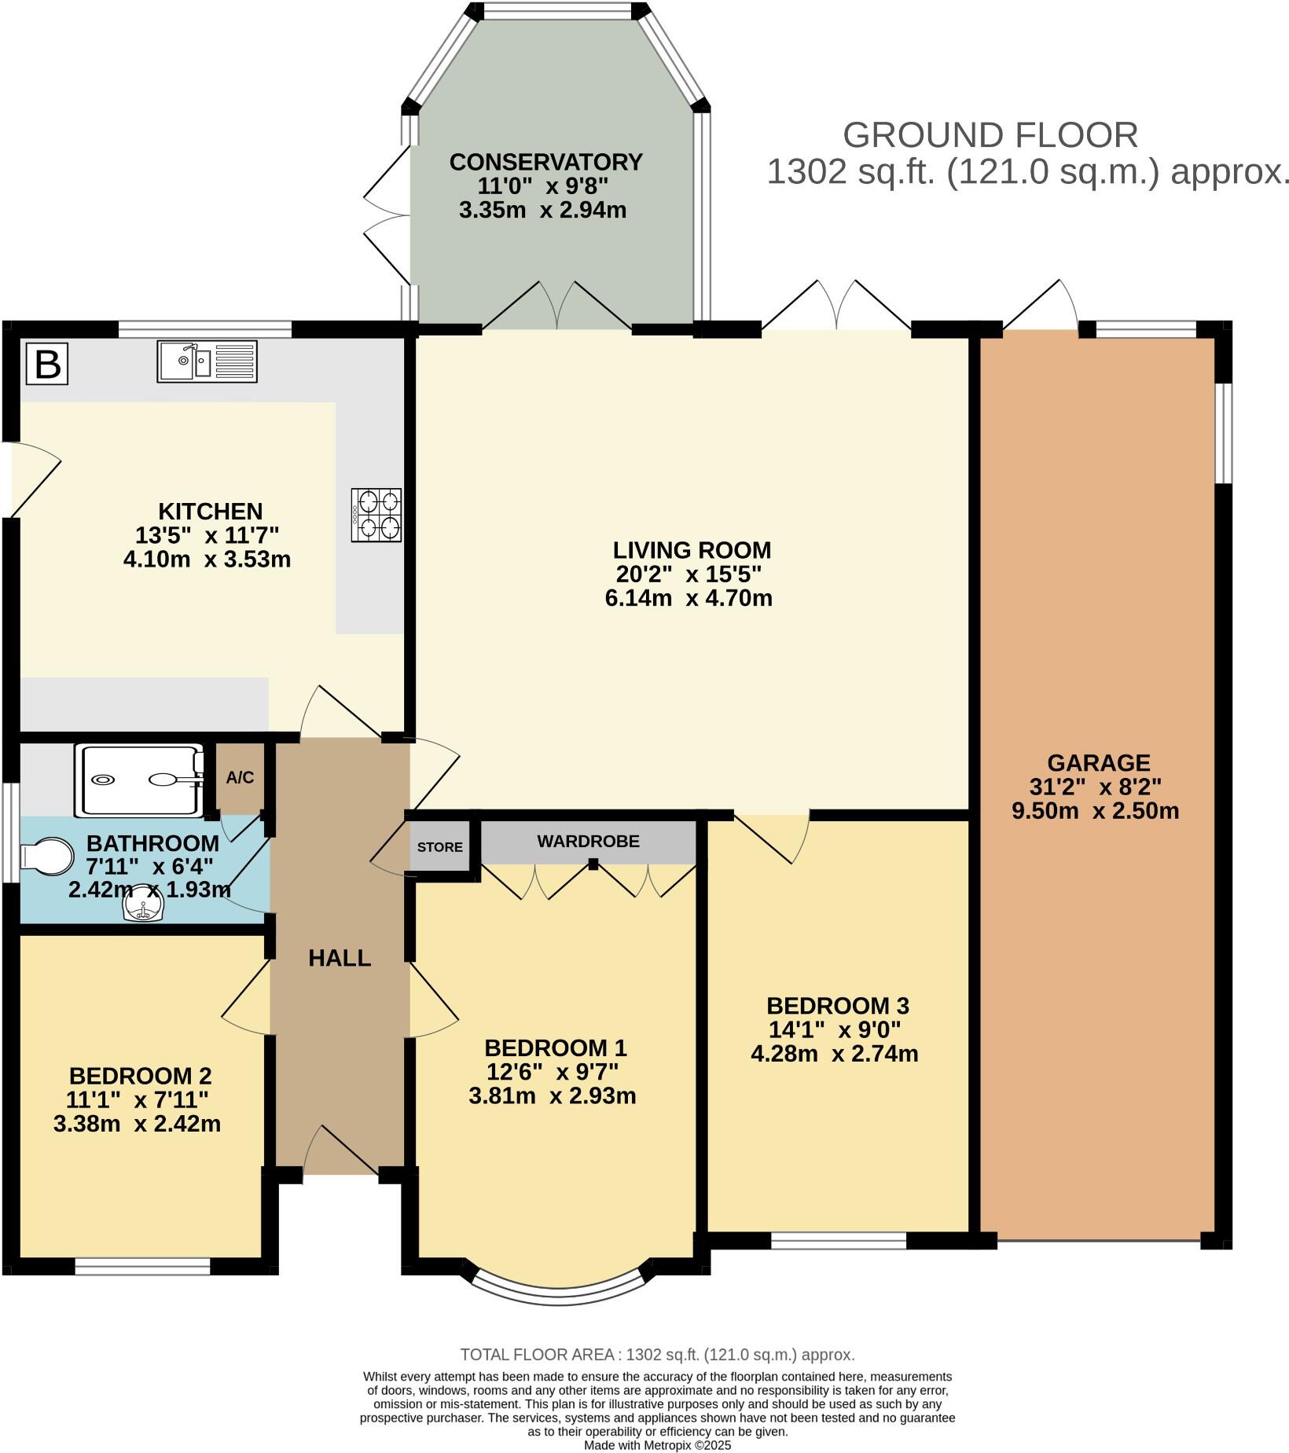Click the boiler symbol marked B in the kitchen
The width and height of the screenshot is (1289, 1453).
(47, 365)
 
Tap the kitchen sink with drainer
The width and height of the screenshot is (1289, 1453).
(207, 361)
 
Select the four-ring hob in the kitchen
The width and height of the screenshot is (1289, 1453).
(376, 515)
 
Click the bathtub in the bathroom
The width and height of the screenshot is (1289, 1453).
(140, 780)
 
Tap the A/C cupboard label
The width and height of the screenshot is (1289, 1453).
(240, 778)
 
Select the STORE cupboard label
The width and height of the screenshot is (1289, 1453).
(440, 847)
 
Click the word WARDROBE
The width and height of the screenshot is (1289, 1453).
(588, 842)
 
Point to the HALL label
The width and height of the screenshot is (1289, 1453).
(340, 958)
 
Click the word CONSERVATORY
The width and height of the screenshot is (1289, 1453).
(545, 162)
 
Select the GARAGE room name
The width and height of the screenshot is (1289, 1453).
(1098, 762)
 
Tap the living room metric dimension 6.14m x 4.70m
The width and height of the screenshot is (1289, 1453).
(688, 598)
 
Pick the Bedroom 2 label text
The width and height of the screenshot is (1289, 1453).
(140, 1076)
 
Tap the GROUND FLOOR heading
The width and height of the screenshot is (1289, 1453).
(990, 135)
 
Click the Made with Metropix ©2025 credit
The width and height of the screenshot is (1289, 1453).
(657, 1445)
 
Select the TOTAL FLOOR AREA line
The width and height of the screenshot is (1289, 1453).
(657, 1355)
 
